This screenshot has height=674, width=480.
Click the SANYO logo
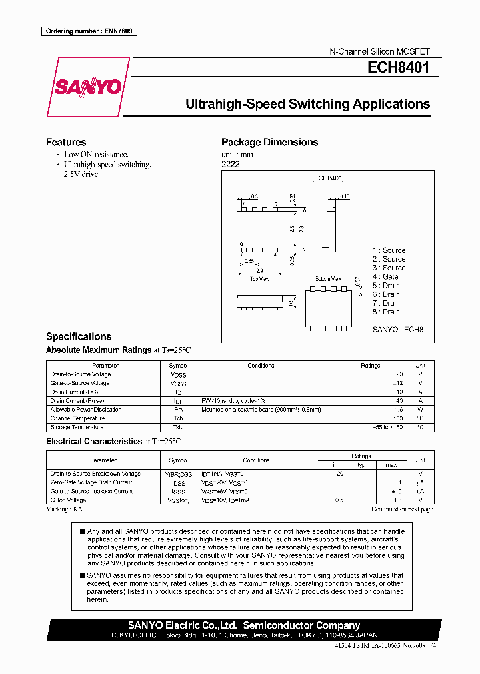click(x=87, y=87)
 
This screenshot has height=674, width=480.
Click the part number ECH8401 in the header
click(x=398, y=67)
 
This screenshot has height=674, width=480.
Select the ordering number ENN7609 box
click(x=89, y=31)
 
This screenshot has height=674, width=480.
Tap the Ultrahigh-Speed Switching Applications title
click(x=307, y=104)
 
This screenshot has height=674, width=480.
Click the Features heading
click(x=65, y=142)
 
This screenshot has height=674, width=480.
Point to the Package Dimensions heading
click(x=269, y=142)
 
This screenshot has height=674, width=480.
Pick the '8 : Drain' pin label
click(x=386, y=312)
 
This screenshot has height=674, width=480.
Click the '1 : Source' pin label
click(x=389, y=250)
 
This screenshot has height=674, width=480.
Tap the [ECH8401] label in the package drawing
click(x=327, y=178)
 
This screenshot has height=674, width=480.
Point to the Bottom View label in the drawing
click(x=328, y=278)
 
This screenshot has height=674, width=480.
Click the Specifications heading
click(x=78, y=336)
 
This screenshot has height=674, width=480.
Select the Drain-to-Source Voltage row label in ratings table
click(x=81, y=374)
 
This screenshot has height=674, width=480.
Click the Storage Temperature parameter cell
click(x=77, y=427)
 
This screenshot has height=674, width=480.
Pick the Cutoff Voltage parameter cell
click(x=68, y=500)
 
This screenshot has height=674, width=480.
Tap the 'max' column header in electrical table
click(x=391, y=464)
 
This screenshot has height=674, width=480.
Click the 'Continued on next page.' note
click(x=402, y=509)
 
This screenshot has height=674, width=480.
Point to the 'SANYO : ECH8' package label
click(x=397, y=329)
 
